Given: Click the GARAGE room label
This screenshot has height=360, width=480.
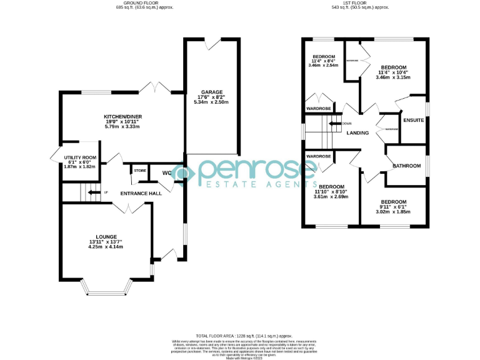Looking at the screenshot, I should click(211, 92).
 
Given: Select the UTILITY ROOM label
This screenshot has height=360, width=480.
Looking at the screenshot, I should click(80, 157).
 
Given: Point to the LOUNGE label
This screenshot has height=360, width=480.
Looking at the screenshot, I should click(105, 236).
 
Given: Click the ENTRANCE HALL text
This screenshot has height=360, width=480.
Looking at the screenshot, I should click(141, 193).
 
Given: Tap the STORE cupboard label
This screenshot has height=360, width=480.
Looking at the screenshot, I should click(139, 170).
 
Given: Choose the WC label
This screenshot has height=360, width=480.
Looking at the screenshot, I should click(167, 172).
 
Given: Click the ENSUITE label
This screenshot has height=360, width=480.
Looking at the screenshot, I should click(414, 120).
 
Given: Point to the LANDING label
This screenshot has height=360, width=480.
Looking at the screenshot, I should click(357, 132).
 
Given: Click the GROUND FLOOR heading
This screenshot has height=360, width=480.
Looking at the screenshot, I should click(144, 3).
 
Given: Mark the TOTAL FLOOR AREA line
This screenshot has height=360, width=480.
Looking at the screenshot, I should click(239, 336).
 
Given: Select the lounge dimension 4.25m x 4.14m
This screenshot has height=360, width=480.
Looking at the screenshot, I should click(105, 247).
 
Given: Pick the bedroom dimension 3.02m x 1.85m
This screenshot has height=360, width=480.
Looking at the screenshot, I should click(394, 212).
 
